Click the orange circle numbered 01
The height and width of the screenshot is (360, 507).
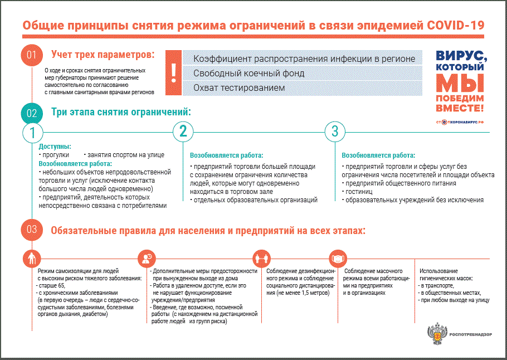31,55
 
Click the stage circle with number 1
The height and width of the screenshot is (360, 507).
32,133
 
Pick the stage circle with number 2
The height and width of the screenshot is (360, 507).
183,132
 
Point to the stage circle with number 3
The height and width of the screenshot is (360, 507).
335,132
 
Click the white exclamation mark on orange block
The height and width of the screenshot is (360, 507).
174,72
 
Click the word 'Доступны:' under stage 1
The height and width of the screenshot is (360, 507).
55,147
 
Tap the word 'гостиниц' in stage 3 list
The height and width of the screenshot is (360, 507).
358,191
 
